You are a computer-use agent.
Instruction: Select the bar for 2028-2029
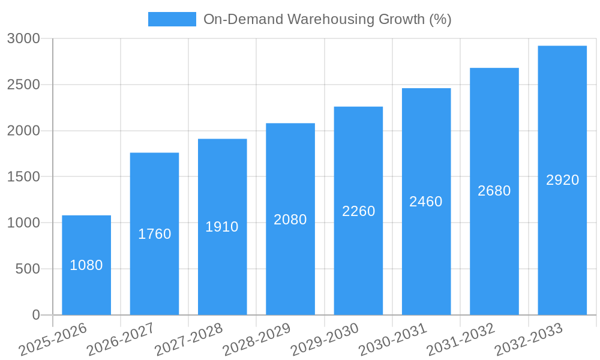click(x=290, y=264)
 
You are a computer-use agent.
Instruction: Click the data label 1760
click(x=155, y=234)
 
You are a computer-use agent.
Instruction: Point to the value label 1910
click(x=222, y=227)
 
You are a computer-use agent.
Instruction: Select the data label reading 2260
click(x=358, y=211)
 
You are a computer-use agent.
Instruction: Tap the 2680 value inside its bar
click(x=494, y=191)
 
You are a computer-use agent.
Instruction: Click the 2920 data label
click(x=562, y=180)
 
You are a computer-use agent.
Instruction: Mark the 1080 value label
click(x=86, y=265)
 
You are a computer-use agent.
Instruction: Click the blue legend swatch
click(x=172, y=19)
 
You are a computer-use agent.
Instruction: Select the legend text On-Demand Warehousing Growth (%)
click(x=327, y=19)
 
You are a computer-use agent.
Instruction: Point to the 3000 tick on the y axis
click(x=23, y=38)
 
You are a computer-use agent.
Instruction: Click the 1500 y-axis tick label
click(x=23, y=176)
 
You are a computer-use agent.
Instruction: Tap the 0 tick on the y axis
click(x=35, y=315)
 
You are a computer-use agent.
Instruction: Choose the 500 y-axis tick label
click(x=28, y=269)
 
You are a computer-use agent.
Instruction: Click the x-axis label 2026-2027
click(x=121, y=340)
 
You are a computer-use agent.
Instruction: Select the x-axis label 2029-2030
click(x=325, y=340)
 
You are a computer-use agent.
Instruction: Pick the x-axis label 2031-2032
click(x=461, y=340)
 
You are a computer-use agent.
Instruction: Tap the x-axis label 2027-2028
click(x=189, y=340)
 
